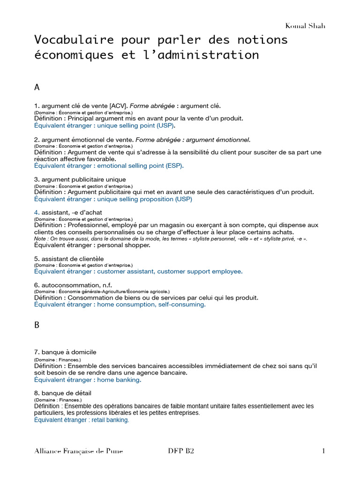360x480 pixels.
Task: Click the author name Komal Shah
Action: pyautogui.click(x=305, y=26)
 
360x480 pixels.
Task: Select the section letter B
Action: pyautogui.click(x=37, y=326)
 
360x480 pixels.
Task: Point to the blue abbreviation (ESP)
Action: pyautogui.click(x=174, y=165)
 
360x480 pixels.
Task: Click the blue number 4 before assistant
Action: pyautogui.click(x=36, y=212)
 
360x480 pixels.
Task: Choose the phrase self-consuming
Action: pyautogui.click(x=181, y=304)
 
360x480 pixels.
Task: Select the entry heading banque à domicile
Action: pyautogui.click(x=69, y=352)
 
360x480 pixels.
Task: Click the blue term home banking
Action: pyautogui.click(x=118, y=380)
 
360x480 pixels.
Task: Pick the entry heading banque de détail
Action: pyautogui.click(x=66, y=393)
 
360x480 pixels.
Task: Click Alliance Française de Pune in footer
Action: pyautogui.click(x=78, y=451)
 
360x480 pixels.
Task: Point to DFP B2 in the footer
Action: pyautogui.click(x=180, y=451)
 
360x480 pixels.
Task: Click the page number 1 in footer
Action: pyautogui.click(x=323, y=451)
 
